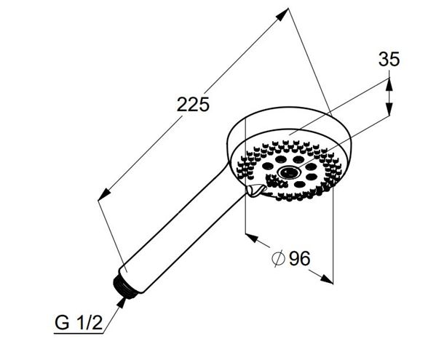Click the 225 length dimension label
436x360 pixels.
click(193, 105)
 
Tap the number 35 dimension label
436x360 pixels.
click(389, 59)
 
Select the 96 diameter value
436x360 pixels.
click(299, 258)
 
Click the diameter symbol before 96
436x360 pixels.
click(278, 258)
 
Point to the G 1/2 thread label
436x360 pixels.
click(79, 322)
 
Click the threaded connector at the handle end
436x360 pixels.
click(124, 287)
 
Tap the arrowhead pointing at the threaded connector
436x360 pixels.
click(121, 303)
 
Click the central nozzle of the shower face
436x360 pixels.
click(288, 172)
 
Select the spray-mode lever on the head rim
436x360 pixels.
click(254, 191)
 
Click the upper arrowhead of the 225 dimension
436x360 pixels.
click(283, 14)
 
